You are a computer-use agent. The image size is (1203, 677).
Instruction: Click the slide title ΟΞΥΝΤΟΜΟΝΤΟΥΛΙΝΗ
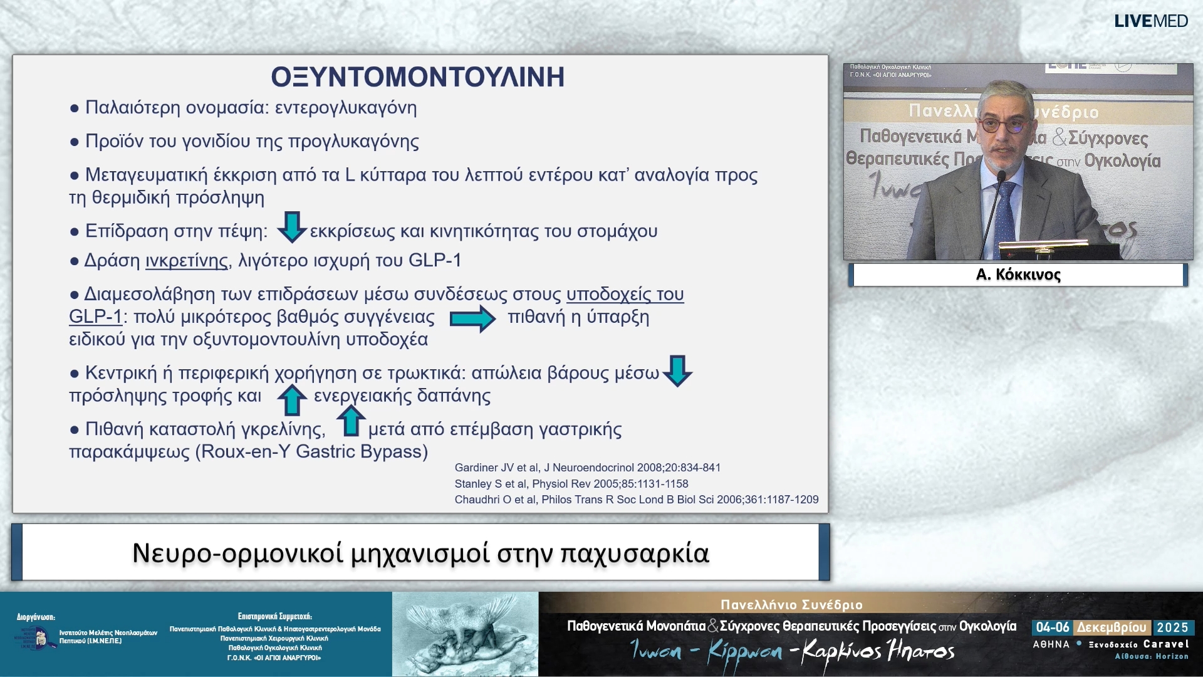pos(417,77)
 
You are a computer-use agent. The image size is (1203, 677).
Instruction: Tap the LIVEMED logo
pos(1150,21)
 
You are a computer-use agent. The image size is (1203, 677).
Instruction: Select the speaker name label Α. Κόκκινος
pos(1018,275)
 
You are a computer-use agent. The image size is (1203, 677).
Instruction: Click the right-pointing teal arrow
pos(472,318)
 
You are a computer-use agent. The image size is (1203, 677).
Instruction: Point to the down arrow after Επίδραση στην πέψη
pos(291,227)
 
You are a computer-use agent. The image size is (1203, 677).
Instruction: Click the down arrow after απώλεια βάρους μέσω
pos(677,370)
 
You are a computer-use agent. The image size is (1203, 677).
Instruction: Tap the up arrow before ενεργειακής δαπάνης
pos(291,400)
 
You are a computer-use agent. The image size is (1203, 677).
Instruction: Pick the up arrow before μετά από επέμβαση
pos(351,421)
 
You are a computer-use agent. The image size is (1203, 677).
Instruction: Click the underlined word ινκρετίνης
pos(187,261)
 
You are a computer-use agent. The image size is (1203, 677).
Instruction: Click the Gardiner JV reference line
pos(587,468)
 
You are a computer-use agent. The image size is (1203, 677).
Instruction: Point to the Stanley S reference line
pos(571,484)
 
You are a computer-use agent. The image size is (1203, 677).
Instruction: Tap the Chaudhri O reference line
pos(636,500)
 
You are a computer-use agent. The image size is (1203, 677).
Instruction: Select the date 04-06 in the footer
pos(1052,627)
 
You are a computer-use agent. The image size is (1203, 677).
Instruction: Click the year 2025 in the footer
pos(1172,627)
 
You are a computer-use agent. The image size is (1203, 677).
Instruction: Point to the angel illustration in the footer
pos(465,634)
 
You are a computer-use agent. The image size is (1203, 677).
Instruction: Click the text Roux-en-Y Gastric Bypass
pos(311,452)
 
